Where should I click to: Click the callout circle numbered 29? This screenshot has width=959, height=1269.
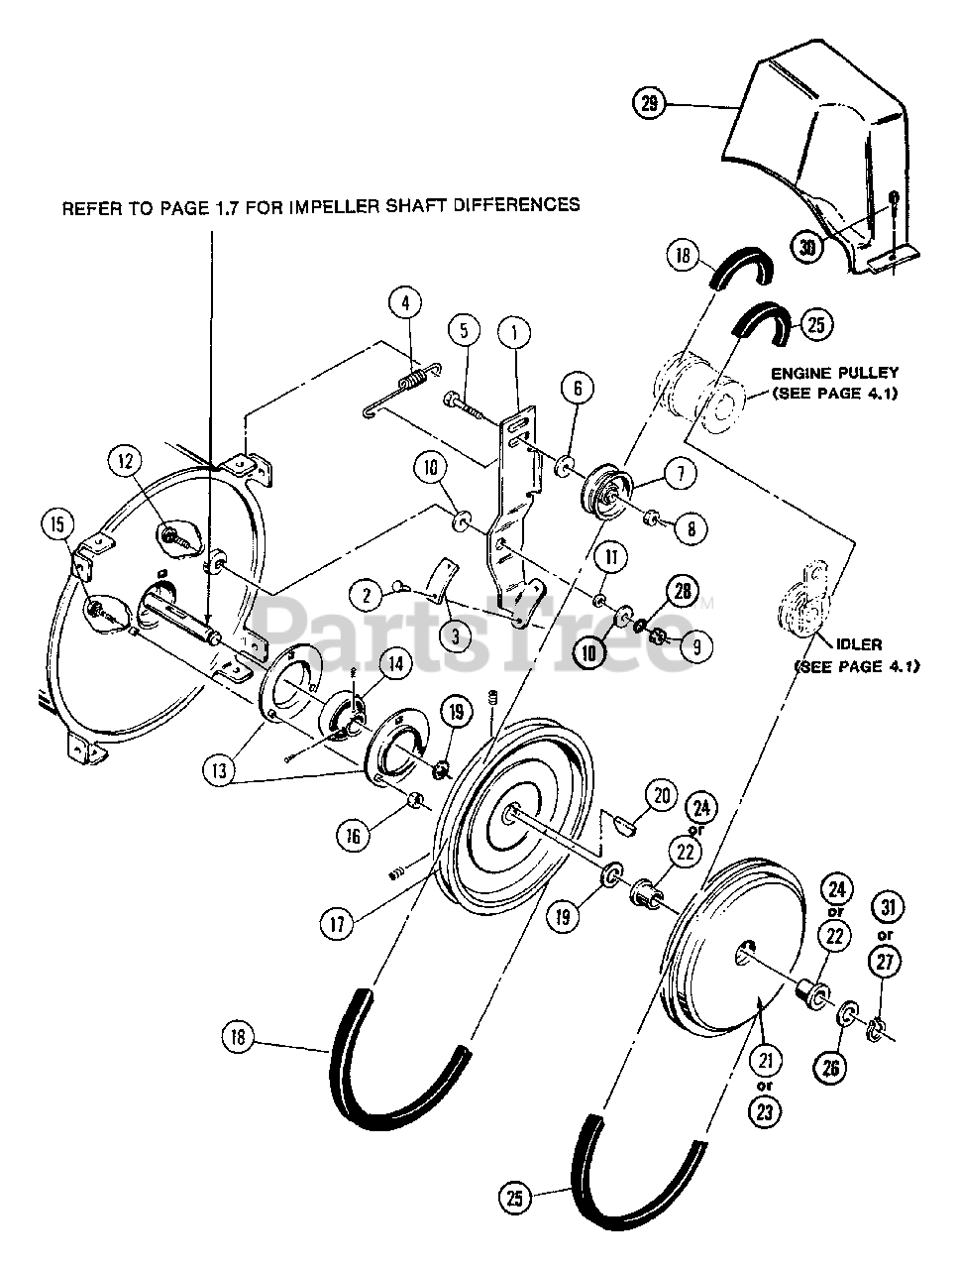[649, 102]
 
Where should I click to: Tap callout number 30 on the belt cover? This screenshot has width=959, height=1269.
[807, 248]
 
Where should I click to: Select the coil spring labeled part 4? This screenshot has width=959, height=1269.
[417, 380]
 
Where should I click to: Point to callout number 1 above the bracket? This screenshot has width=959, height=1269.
[514, 333]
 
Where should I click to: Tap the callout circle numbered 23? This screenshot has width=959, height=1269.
[764, 1111]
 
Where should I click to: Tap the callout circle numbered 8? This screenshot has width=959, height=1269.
[692, 528]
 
